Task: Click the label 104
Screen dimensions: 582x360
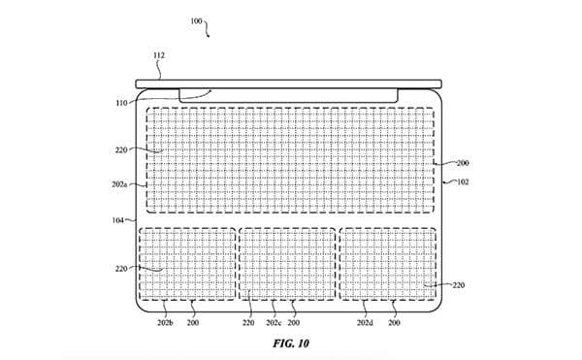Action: coord(117,221)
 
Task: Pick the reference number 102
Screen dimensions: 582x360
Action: coord(462,180)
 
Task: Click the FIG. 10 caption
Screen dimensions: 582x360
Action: coord(290,344)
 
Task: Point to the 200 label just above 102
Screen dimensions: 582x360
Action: coord(463,164)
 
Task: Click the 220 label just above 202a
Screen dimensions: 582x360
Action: coord(121,150)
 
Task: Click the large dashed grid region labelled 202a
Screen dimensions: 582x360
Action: coord(291,159)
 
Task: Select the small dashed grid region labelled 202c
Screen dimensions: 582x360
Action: coord(287,263)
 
